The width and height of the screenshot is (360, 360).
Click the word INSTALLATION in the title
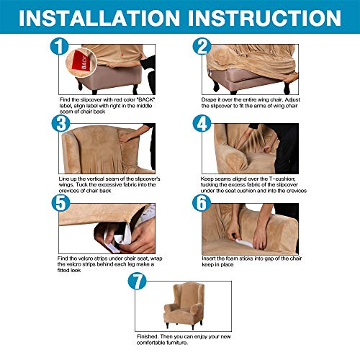click(99, 18)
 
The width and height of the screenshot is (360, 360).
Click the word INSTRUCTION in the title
click(265, 18)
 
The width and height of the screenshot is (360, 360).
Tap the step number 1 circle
click(59, 46)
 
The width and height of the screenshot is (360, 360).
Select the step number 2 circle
click(202, 46)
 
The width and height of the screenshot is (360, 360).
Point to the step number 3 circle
click(60, 123)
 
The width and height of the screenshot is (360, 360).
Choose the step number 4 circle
click(202, 123)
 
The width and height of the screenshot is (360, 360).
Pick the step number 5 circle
click(60, 203)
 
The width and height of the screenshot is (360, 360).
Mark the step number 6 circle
click(202, 203)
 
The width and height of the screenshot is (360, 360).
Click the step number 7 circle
click(137, 281)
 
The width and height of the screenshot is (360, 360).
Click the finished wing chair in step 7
click(184, 305)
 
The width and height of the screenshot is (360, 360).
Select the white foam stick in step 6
click(244, 243)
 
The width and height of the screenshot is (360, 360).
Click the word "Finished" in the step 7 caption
click(148, 336)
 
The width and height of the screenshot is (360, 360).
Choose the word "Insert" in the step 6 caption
click(209, 258)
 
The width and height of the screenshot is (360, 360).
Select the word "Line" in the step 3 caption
click(63, 179)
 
